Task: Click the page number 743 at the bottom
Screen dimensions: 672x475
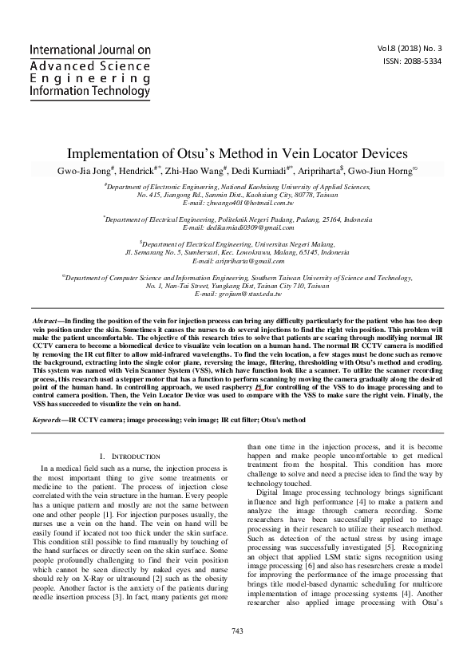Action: (x=237, y=653)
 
